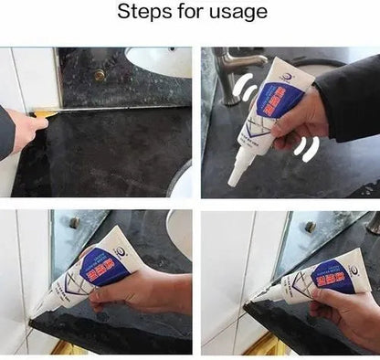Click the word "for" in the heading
pyautogui.click(x=188, y=12)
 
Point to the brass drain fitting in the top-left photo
pyautogui.click(x=99, y=75)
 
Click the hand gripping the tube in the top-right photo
pyautogui.click(x=301, y=114)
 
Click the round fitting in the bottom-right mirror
pyautogui.click(x=310, y=227)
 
